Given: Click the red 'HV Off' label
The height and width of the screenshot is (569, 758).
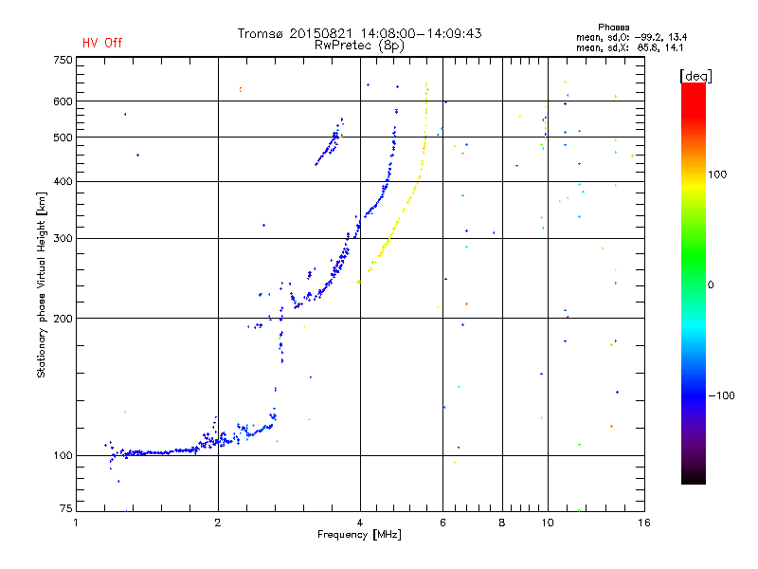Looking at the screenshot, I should tap(101, 43).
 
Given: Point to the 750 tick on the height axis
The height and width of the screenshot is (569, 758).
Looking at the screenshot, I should tap(63, 59).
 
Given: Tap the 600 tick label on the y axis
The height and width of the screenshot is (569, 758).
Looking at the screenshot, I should tap(63, 101).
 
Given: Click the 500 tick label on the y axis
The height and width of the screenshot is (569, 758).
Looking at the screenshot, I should tap(63, 137).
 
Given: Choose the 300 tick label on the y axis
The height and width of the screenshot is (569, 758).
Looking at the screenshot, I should tap(63, 238).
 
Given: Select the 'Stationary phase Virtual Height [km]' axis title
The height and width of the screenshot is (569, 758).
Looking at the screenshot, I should tap(42, 284).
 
